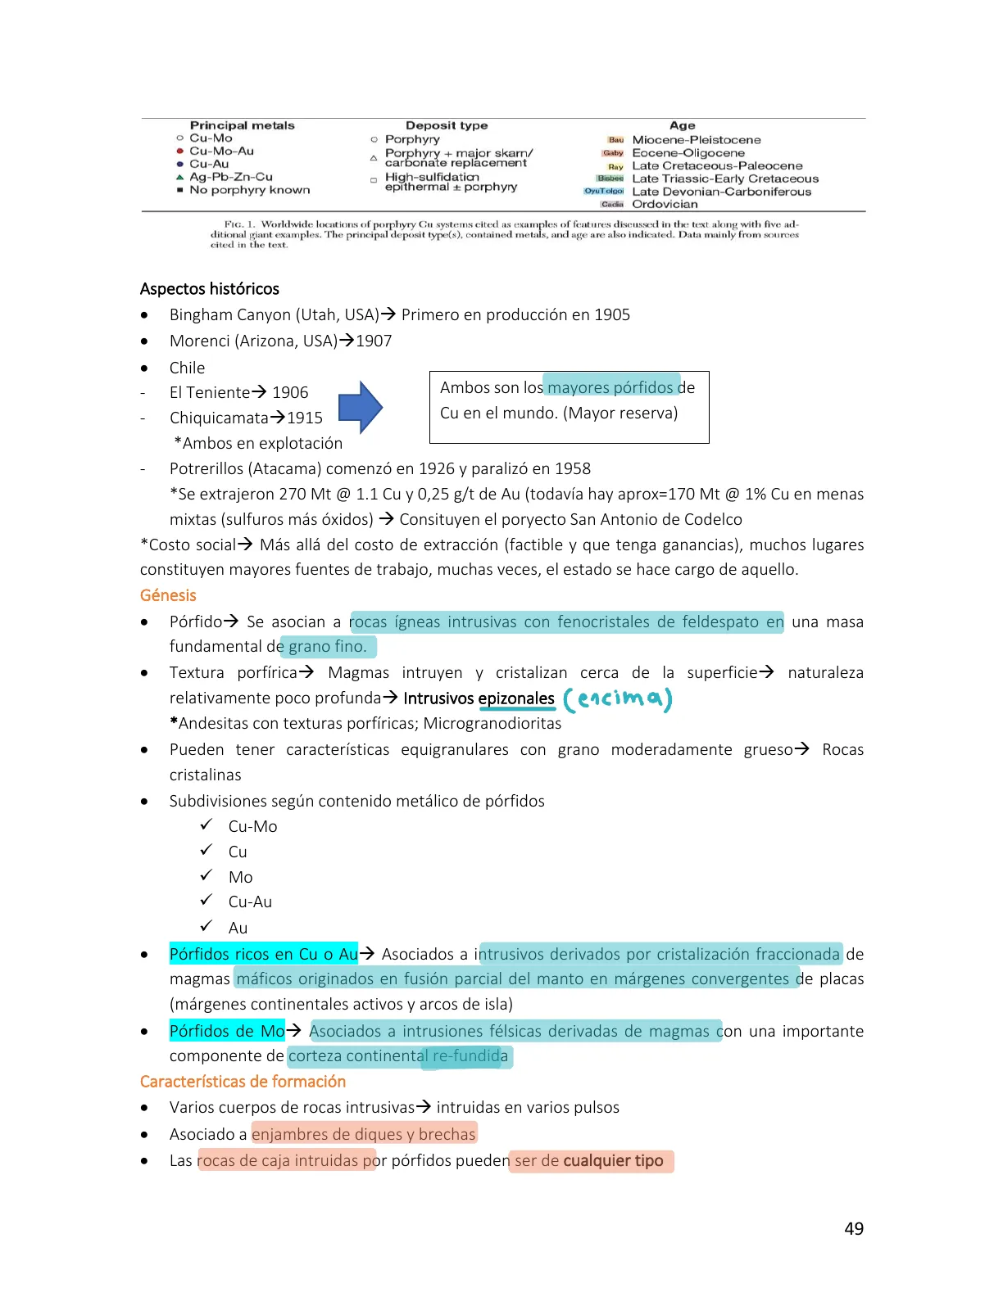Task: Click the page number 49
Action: [x=853, y=1228]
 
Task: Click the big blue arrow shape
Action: [x=360, y=407]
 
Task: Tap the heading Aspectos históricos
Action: [x=209, y=289]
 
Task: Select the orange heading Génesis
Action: [x=168, y=595]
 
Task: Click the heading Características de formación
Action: [x=243, y=1082]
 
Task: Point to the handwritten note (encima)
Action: [x=618, y=699]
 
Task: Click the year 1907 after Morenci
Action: [x=374, y=341]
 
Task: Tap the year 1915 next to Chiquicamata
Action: [x=305, y=418]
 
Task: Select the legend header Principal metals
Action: [x=242, y=125]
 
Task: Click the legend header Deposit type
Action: [x=447, y=125]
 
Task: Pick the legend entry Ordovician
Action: [x=665, y=204]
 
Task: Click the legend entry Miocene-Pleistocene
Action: [x=696, y=140]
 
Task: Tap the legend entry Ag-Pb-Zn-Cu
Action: [x=231, y=177]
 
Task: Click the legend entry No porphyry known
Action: [x=250, y=190]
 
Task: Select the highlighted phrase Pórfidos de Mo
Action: [x=227, y=1031]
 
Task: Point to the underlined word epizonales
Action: [x=516, y=698]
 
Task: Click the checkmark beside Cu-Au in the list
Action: [x=206, y=901]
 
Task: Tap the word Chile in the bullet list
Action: [x=187, y=368]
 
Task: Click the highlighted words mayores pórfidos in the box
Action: [x=610, y=387]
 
